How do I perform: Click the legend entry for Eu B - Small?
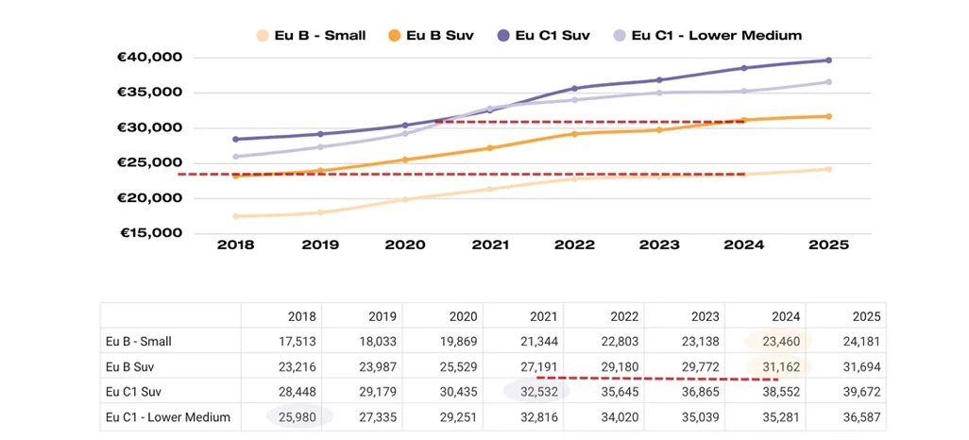coord(311,36)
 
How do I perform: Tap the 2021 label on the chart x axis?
coord(490,245)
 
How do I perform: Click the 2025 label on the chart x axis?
coord(828,245)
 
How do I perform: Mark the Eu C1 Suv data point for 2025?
coord(828,60)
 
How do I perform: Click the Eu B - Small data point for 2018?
coord(235,216)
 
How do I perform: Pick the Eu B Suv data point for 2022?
coord(574,133)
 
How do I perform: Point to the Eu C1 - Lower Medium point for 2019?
coord(320,146)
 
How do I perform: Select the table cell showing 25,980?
coord(299,416)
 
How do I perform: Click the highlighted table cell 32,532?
coord(535,391)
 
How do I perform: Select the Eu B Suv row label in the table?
coord(135,366)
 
